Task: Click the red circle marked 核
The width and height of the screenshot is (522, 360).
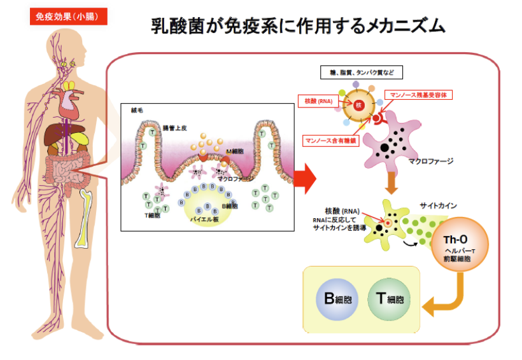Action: click(358, 104)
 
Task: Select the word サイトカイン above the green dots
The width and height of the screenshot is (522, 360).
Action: click(437, 206)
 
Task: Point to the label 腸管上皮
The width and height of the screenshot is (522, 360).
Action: click(176, 128)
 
